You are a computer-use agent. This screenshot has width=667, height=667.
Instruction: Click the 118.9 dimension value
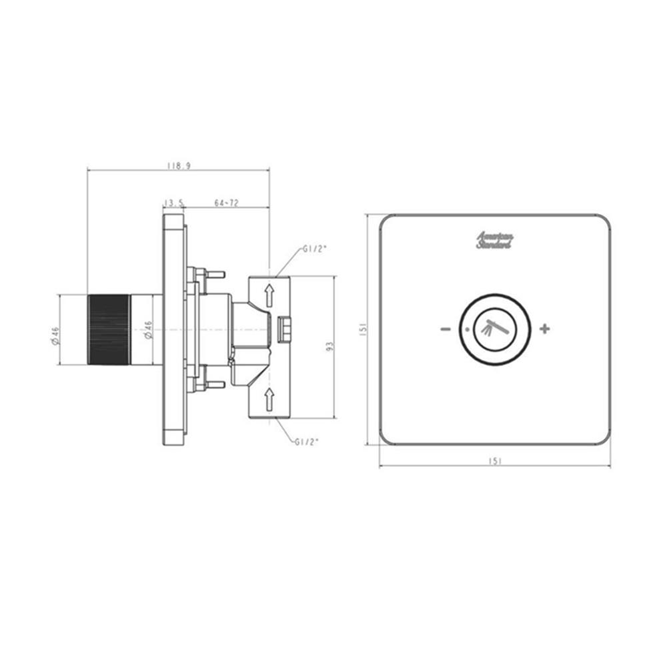click(179, 165)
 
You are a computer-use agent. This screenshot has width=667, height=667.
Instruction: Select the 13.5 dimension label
click(174, 203)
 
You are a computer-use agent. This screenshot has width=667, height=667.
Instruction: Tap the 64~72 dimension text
click(227, 203)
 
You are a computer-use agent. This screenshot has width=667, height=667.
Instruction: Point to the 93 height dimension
click(331, 346)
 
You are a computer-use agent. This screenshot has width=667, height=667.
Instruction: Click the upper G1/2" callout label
click(315, 249)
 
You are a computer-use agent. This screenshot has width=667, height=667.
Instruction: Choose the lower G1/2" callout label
click(307, 442)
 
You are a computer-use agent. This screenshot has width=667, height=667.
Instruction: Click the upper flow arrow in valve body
click(269, 295)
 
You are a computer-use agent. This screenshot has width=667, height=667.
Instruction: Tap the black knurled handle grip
click(109, 329)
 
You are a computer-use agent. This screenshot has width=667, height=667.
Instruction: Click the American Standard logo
click(494, 240)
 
